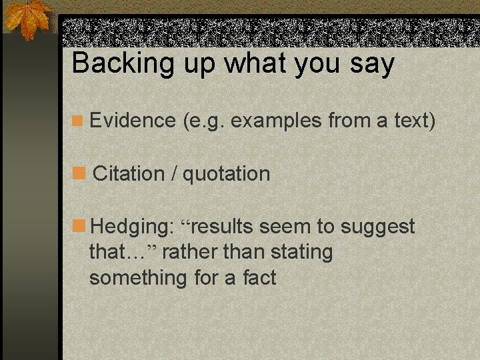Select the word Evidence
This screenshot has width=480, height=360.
coord(132,121)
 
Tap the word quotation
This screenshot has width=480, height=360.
coord(227,174)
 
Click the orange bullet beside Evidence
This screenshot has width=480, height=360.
coord(78,121)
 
